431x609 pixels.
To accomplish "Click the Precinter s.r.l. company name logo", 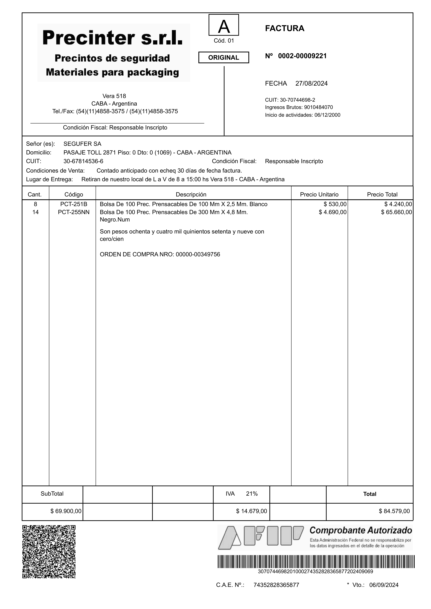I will [113, 38].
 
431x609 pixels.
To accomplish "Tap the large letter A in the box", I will [224, 27].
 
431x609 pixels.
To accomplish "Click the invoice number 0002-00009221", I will [302, 56].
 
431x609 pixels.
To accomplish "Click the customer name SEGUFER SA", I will [82, 144].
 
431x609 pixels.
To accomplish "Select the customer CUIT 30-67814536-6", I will [83, 161].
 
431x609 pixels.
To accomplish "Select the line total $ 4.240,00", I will [398, 204].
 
